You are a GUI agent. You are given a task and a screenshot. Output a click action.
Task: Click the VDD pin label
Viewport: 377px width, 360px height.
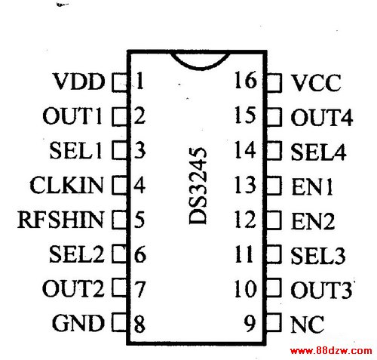coord(79,82)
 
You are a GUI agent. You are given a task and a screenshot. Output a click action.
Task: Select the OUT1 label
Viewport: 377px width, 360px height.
coord(72,115)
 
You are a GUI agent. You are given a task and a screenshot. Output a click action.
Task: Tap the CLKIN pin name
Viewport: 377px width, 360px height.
coord(66,185)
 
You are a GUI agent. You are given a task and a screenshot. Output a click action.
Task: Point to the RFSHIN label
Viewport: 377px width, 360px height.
coord(60,220)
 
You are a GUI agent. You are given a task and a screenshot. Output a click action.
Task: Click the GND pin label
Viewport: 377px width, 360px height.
coord(78,323)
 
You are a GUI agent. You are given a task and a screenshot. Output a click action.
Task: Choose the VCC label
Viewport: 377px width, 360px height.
coord(316,83)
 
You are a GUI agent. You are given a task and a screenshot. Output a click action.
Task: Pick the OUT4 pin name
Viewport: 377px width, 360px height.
coord(322,117)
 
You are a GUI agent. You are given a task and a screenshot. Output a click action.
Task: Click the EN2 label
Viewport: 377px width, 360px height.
coord(313,221)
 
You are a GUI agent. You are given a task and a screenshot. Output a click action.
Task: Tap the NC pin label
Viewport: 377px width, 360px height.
coord(307,325)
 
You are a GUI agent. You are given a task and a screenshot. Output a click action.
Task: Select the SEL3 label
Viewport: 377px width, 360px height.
coord(318,256)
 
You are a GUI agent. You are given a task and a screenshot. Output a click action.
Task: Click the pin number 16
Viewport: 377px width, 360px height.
coord(246,80)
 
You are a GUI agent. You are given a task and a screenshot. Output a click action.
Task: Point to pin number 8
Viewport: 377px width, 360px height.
coord(139,324)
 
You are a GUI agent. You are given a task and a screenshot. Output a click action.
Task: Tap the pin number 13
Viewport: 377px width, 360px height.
coord(245,185)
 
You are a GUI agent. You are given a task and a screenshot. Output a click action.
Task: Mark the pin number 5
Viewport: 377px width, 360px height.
coord(139,220)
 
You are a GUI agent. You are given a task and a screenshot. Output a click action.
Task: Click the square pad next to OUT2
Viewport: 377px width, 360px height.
coord(119,287)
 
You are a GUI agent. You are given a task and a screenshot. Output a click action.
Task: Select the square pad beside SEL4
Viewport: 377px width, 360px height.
coord(274,150)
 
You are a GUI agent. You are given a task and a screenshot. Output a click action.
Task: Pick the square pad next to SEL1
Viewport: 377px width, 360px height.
coord(119,150)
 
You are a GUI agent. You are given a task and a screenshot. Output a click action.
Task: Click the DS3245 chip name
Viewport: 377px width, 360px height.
coord(198,186)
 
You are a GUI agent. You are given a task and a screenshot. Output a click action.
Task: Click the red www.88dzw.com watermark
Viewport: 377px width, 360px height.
coord(331,351)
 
